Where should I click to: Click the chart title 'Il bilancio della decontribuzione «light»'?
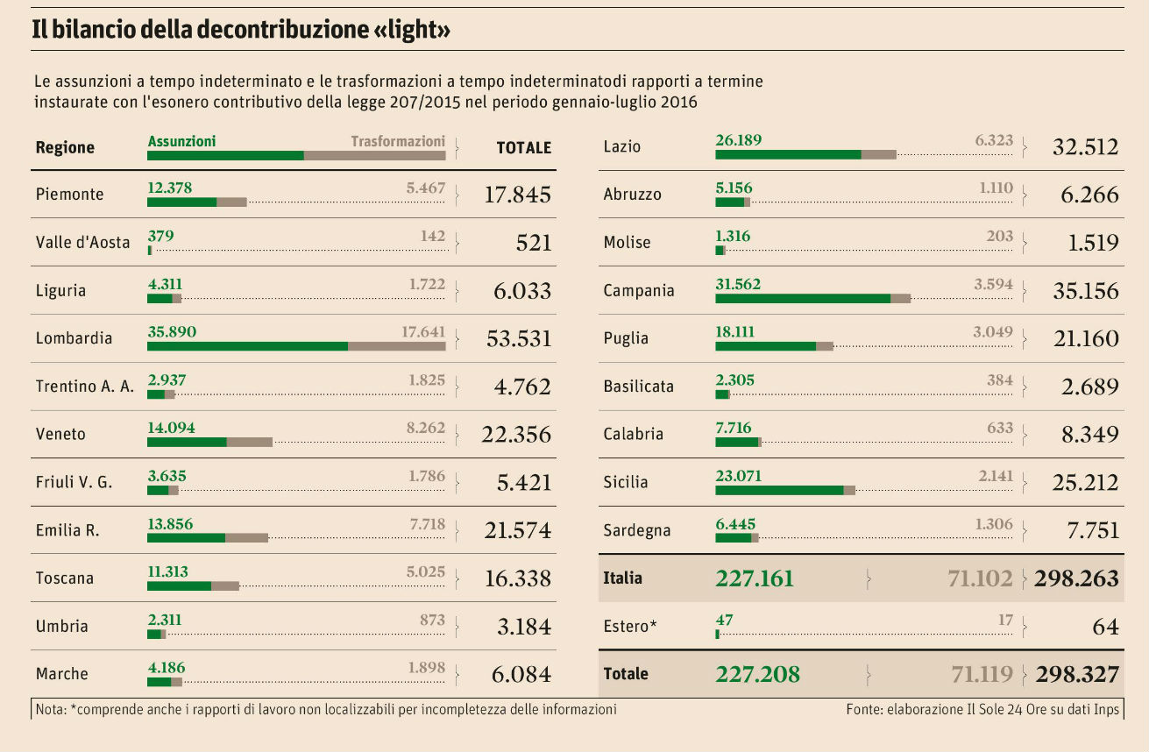pos(241,31)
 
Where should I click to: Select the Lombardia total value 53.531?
pos(518,338)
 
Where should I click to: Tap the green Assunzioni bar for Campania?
pos(802,298)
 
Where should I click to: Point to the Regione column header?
pos(65,147)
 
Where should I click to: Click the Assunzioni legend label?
pos(181,141)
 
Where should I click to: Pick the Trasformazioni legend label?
pos(398,141)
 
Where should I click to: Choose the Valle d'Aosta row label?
pos(82,243)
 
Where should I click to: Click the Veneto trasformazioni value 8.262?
pos(426,428)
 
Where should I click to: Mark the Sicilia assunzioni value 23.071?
pos(738,476)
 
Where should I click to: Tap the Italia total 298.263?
pos(1077,578)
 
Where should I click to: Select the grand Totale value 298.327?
pos(1077,674)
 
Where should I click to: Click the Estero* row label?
pos(629,627)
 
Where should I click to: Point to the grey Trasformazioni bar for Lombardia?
pos(396,346)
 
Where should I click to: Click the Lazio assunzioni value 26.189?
pos(738,140)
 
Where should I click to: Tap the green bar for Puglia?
pos(765,346)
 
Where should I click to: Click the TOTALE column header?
pos(523,147)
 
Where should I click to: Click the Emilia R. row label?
pos(67,530)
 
